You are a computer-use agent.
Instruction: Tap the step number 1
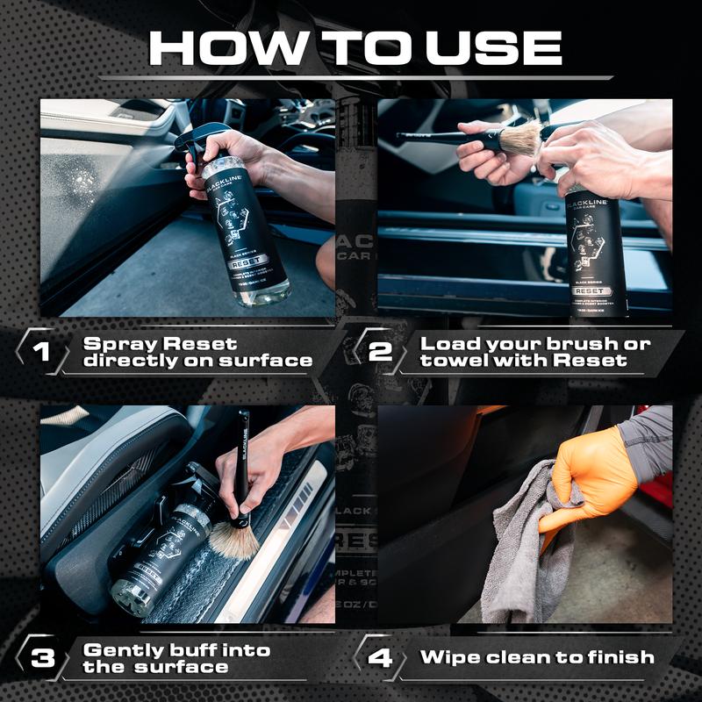pyautogui.click(x=40, y=352)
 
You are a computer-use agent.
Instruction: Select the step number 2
pyautogui.click(x=379, y=352)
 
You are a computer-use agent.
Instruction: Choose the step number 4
pyautogui.click(x=379, y=657)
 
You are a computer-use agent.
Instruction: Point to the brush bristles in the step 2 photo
pyautogui.click(x=521, y=140)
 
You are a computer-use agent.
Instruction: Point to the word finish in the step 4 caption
pyautogui.click(x=620, y=657)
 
